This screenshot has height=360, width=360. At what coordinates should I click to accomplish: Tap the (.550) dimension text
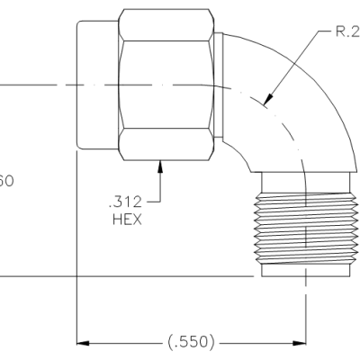[x=192, y=343]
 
